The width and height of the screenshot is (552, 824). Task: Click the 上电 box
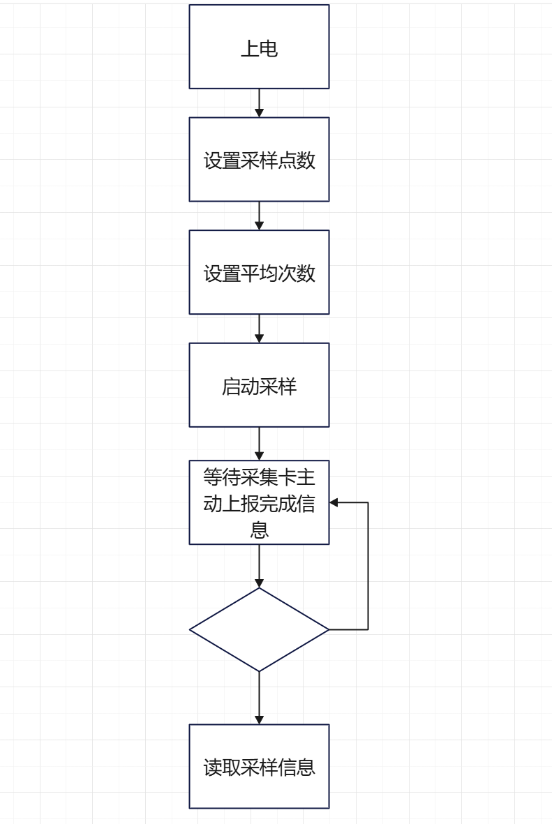(x=259, y=47)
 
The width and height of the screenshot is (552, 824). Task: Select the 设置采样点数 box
(x=259, y=160)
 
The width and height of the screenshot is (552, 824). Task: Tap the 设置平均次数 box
(x=259, y=272)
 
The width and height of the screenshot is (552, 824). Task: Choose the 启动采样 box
(x=259, y=385)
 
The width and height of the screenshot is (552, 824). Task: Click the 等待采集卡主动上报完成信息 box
(x=259, y=502)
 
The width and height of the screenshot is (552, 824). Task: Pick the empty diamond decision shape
(x=259, y=629)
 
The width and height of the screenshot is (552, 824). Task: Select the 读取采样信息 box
(x=259, y=766)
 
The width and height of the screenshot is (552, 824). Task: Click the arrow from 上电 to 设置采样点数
(x=259, y=103)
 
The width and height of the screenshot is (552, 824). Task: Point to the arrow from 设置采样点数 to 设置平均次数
(x=259, y=216)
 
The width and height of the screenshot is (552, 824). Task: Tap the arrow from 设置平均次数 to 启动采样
(x=259, y=328)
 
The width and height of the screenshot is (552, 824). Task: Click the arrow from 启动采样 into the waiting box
(x=259, y=443)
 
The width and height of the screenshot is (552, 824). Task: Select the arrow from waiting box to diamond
(x=259, y=565)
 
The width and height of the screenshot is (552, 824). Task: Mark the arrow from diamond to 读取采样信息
(x=259, y=698)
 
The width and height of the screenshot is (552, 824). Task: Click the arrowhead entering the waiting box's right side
(x=334, y=502)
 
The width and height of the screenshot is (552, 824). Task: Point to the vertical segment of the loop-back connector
(x=368, y=566)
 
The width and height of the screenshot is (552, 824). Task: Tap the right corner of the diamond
(x=327, y=629)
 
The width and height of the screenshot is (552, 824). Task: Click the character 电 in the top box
(x=269, y=48)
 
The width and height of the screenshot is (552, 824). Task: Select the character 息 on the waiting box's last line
(x=260, y=530)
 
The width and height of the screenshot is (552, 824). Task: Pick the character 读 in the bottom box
(x=213, y=767)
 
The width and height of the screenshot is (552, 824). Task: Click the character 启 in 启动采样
(x=231, y=386)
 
